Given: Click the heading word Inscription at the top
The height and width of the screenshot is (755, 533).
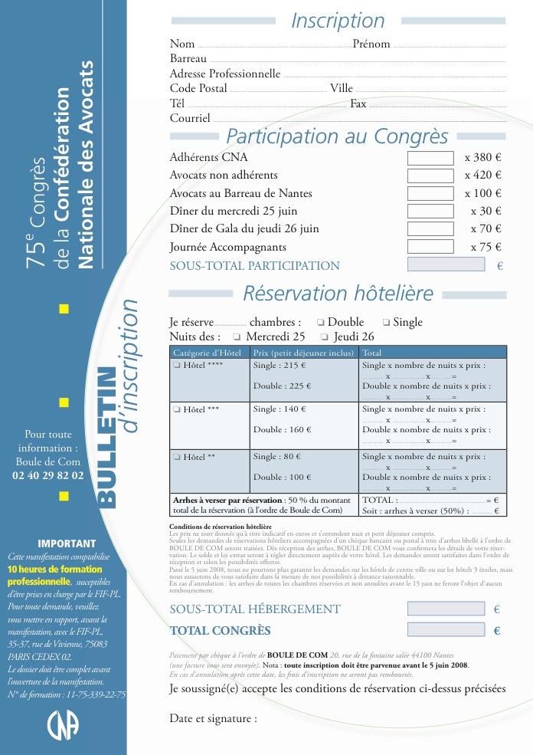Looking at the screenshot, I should (338, 21).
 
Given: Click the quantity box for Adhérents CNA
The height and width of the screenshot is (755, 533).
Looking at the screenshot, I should (430, 158).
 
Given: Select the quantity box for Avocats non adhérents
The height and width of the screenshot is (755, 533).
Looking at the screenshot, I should (430, 176).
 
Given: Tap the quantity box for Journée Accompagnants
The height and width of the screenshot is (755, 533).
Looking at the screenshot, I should (430, 247).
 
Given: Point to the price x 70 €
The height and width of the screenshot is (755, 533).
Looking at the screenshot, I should (486, 228).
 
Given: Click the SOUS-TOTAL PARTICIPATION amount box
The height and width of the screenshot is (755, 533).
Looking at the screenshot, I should (446, 265).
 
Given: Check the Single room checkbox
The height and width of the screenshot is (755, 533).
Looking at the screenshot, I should (386, 323).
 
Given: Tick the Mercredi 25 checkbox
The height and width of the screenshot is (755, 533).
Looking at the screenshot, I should (237, 337).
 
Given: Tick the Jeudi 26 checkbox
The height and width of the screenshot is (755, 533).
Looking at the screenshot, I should (325, 337).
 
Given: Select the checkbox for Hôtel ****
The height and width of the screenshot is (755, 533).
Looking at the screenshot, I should (176, 366).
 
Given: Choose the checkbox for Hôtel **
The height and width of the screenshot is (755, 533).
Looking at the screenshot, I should (176, 457).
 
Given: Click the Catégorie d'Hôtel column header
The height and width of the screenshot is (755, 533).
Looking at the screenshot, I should (208, 353).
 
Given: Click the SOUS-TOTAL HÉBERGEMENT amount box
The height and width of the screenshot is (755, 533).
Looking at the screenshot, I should (446, 609).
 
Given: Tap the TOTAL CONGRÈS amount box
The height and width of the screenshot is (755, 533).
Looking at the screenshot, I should (446, 630).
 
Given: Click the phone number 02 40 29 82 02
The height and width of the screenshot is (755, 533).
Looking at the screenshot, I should (48, 475).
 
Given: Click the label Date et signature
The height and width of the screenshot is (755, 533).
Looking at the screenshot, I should (213, 719).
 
